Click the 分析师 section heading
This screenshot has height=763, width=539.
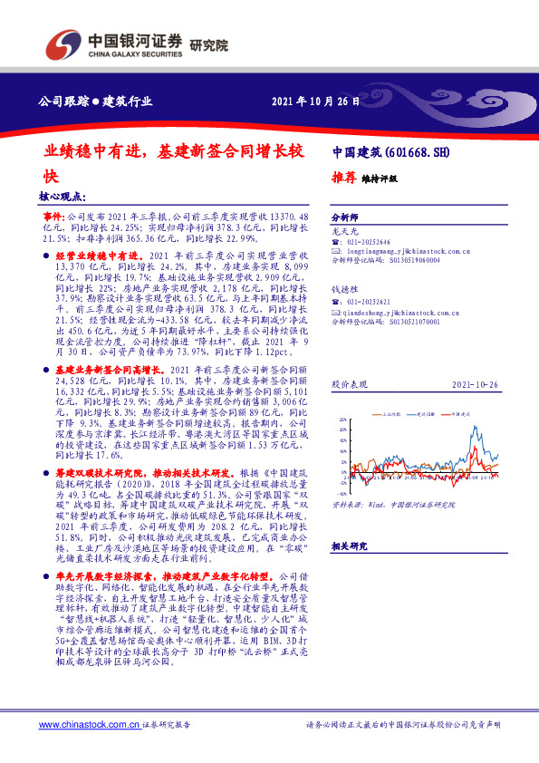(345, 218)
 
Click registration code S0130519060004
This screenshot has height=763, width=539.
(394, 259)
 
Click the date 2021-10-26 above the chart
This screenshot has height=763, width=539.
(474, 384)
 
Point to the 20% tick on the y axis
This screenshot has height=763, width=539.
(342, 420)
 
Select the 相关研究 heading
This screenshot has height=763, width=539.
(349, 546)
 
